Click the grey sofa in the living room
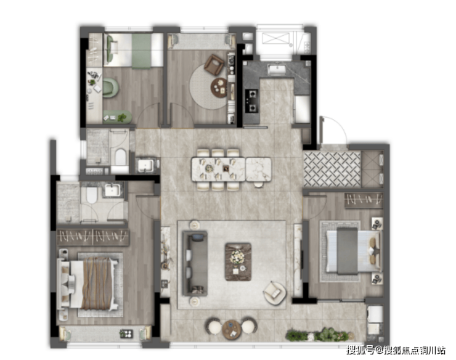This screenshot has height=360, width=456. click(195, 263)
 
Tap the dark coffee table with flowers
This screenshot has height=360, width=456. click(238, 262)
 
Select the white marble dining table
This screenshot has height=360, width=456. click(231, 170)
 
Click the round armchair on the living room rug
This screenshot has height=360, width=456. click(274, 293)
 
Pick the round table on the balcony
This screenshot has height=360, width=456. click(232, 329)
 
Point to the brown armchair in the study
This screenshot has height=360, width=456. click(214, 65)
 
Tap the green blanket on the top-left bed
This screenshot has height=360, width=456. click(141, 51)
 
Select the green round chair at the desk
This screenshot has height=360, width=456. click(110, 88)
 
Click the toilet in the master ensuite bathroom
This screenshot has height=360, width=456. click(92, 195)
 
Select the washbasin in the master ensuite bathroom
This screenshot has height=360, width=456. click(113, 190)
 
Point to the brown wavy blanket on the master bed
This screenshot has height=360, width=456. click(97, 283)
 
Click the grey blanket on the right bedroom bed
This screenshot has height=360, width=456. click(347, 251)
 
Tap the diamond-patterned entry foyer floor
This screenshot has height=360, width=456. click(332, 169)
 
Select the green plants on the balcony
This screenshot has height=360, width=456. click(318, 335)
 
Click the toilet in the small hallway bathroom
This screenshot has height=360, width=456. click(120, 157)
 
